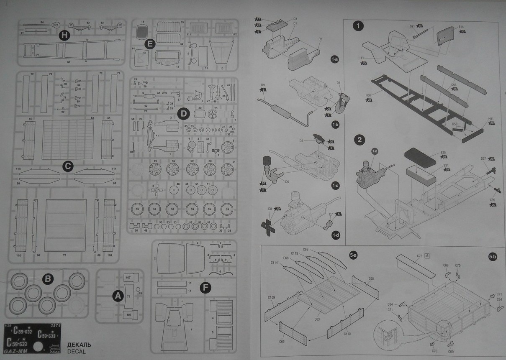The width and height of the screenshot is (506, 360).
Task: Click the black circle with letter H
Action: (64, 36)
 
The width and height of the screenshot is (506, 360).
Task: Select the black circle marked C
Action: (68, 166)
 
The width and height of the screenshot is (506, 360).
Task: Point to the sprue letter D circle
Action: (183, 113)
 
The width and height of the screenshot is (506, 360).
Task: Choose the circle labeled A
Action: (118, 296)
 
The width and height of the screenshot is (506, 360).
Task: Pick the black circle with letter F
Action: (205, 288)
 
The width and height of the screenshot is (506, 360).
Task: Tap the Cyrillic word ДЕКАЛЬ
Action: (79, 345)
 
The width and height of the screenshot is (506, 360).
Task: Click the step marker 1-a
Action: (334, 60)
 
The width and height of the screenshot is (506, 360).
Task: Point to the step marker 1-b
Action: (335, 125)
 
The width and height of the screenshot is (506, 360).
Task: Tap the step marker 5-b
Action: (492, 256)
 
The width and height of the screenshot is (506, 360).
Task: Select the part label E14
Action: (461, 27)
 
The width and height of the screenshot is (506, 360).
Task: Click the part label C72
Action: (419, 255)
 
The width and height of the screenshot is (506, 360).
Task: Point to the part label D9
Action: (263, 85)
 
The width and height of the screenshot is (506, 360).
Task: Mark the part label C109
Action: (271, 298)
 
